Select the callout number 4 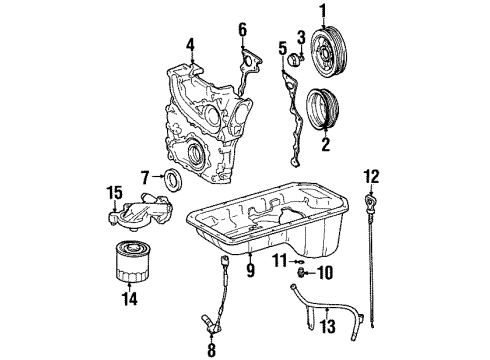pyautogui.click(x=190, y=42)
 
